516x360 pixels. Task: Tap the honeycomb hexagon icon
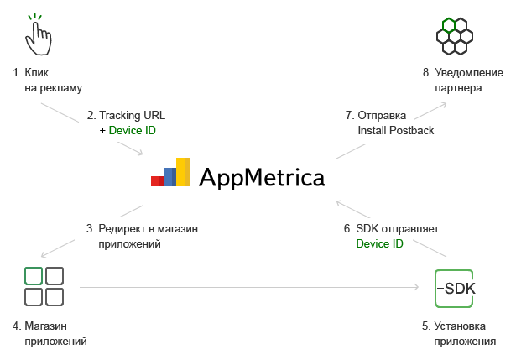coord(455,36)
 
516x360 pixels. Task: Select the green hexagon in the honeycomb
coord(449,25)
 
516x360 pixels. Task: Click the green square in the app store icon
coord(34,276)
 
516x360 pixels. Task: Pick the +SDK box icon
coord(454,289)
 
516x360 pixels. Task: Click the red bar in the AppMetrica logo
coord(157,181)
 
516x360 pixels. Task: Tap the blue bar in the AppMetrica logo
coord(169,177)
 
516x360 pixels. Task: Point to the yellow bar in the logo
coord(183,172)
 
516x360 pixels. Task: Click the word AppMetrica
coord(262,178)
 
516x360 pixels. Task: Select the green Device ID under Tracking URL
coord(132,130)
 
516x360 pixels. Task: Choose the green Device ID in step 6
coord(379,243)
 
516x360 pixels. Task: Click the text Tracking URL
coord(132,115)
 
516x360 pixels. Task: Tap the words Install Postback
coord(395,130)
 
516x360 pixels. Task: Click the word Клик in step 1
coord(37,72)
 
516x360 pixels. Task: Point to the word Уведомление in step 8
coord(469,73)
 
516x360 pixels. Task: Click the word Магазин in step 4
coord(46,326)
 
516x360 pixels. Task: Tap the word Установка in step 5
coord(460,326)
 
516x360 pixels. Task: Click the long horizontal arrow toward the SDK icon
coord(249,287)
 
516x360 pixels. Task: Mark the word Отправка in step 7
coord(382,115)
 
